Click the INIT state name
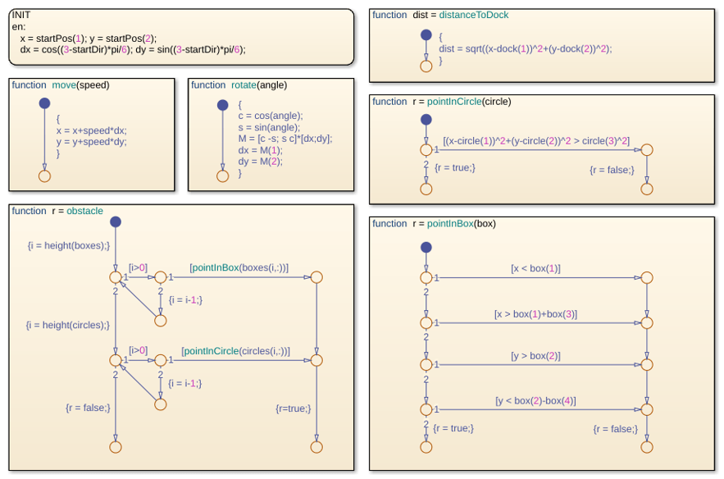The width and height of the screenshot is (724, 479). point(21,15)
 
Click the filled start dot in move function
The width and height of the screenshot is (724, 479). point(44,103)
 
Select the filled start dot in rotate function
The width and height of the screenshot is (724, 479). point(222,105)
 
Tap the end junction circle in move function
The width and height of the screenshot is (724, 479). point(44,176)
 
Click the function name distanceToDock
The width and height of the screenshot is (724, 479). point(474,15)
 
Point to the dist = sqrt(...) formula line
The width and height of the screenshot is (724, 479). point(525,48)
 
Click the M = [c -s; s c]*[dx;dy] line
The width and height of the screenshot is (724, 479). point(285,139)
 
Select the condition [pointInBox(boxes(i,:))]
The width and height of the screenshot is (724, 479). point(239,267)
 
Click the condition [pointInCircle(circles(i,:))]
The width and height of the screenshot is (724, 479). point(236,351)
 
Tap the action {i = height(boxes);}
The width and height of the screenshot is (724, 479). point(69,245)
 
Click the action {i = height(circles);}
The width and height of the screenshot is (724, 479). point(68,325)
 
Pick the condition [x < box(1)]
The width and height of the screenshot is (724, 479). point(535,268)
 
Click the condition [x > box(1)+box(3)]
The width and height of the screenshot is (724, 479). point(535,314)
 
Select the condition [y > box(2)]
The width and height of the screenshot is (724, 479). point(535,356)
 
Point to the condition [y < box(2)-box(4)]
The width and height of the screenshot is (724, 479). point(535,400)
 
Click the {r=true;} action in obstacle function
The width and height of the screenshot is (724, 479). point(294,408)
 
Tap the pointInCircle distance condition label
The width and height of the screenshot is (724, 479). point(536,141)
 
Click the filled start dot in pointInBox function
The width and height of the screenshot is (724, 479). point(426,247)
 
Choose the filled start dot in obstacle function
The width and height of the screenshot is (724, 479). point(116,221)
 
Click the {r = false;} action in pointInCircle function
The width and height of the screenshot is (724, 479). point(612,170)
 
